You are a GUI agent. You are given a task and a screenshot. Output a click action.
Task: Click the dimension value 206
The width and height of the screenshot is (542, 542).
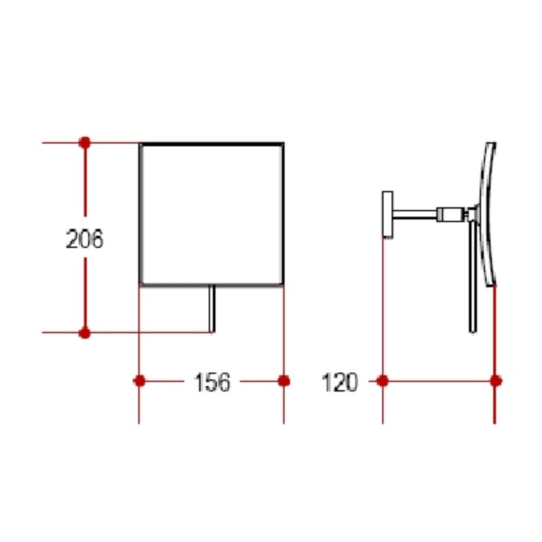pyautogui.click(x=85, y=239)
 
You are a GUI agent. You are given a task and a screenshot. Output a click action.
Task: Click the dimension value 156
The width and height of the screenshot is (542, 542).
pyautogui.click(x=212, y=383)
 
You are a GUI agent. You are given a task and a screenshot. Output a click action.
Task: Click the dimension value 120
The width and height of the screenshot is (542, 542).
pyautogui.click(x=339, y=383)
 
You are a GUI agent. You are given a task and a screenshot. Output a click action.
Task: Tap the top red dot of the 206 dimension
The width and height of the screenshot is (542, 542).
pyautogui.click(x=85, y=142)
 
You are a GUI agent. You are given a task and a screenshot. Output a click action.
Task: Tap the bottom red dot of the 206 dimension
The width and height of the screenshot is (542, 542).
pyautogui.click(x=85, y=333)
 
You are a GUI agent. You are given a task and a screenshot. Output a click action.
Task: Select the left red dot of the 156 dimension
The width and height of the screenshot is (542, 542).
pyautogui.click(x=140, y=381)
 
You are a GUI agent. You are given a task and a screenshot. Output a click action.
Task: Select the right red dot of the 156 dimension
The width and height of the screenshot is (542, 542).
pyautogui.click(x=284, y=381)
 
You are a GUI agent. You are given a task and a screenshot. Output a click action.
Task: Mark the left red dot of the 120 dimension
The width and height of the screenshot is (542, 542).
pyautogui.click(x=383, y=381)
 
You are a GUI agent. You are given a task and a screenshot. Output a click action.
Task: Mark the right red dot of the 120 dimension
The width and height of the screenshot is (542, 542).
pyautogui.click(x=495, y=381)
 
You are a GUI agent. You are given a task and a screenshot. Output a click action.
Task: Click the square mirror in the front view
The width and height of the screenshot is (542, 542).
pyautogui.click(x=211, y=214)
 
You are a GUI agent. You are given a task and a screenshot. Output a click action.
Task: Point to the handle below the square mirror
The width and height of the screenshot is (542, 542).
pyautogui.click(x=212, y=309)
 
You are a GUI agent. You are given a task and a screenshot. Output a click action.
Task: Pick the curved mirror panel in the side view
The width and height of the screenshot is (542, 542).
pyautogui.click(x=489, y=213)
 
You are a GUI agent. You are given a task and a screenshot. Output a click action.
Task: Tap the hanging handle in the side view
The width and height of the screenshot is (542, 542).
pyautogui.click(x=472, y=278)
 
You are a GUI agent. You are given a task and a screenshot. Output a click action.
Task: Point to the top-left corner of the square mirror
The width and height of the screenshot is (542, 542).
pyautogui.click(x=141, y=144)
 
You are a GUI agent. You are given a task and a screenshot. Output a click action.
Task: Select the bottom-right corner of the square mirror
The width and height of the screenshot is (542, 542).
pyautogui.click(x=283, y=285)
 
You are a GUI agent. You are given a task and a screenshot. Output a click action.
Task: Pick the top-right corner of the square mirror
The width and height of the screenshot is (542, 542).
pyautogui.click(x=283, y=144)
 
